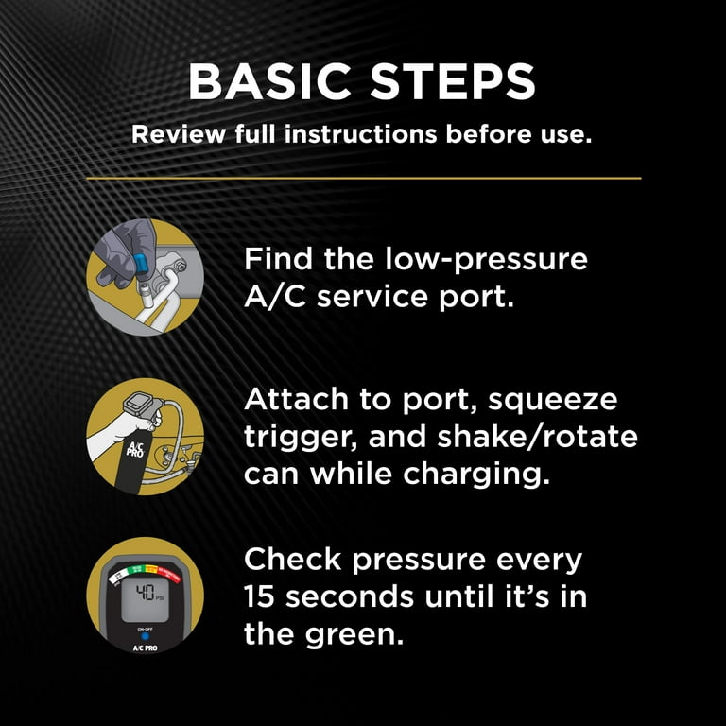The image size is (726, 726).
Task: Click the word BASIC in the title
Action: click(269, 81)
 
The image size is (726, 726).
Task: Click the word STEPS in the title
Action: click(453, 81)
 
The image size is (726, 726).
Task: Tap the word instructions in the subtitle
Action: click(361, 134)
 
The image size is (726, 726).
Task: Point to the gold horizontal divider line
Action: click(363, 178)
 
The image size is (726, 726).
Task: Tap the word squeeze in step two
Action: click(553, 401)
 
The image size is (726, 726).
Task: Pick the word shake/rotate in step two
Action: click(538, 437)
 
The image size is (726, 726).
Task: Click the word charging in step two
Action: click(476, 475)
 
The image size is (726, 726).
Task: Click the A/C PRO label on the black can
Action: click(136, 449)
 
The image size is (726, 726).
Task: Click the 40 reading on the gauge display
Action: click(145, 592)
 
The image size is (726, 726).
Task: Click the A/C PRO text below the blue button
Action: click(145, 648)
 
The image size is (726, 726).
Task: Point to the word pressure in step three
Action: click(419, 561)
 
